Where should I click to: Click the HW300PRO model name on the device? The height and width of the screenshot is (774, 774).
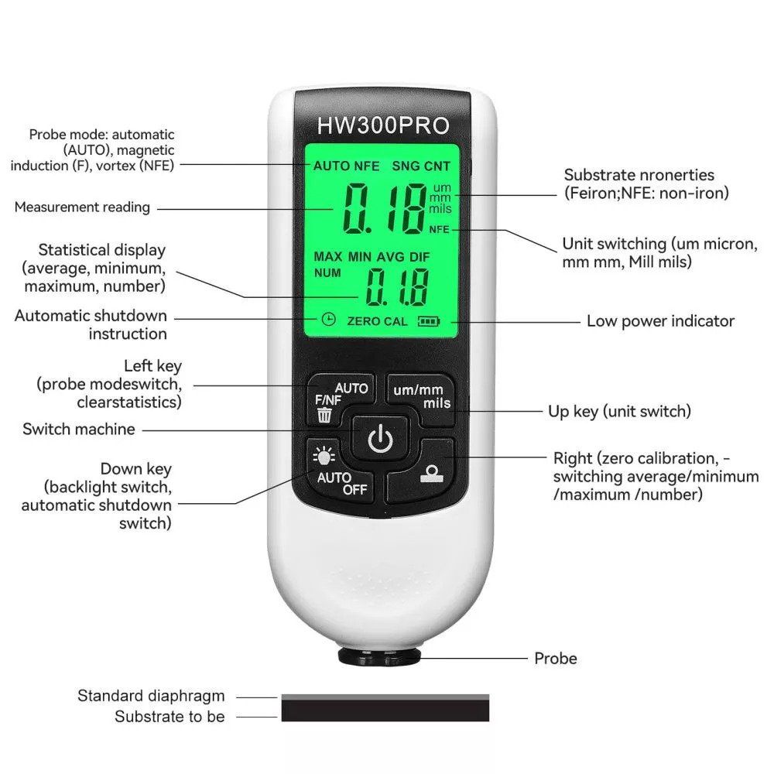point(383,125)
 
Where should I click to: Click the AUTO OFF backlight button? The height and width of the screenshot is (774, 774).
point(340,471)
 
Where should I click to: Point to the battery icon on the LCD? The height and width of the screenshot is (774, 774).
point(429,321)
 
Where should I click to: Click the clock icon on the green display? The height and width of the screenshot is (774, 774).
point(328,320)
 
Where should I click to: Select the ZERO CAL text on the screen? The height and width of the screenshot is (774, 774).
point(377,321)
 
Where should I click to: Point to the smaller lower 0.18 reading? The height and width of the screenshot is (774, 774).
point(396,287)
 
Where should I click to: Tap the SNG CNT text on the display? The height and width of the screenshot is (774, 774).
point(421,166)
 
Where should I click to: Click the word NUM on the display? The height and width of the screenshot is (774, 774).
point(327,273)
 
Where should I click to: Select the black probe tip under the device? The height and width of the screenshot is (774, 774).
point(379,656)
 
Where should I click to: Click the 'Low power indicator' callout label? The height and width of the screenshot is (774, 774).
point(660,321)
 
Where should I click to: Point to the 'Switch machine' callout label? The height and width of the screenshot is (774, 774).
point(78,429)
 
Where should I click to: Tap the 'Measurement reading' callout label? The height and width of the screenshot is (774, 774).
point(82,207)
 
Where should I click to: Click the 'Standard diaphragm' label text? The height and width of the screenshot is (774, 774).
point(151,696)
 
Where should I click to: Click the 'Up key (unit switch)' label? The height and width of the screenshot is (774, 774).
point(619,411)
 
